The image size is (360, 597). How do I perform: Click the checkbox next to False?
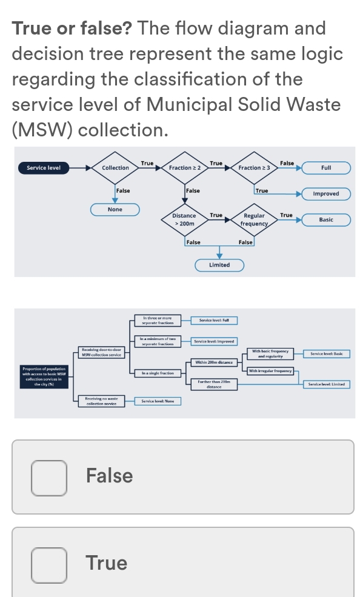(x=49, y=476)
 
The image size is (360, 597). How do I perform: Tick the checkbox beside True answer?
(x=49, y=564)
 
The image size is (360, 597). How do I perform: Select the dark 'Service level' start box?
(x=44, y=167)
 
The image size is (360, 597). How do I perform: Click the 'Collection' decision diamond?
(x=115, y=168)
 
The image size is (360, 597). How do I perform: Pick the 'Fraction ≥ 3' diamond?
(x=254, y=168)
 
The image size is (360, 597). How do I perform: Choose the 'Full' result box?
(x=326, y=167)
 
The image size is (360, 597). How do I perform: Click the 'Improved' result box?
(x=326, y=194)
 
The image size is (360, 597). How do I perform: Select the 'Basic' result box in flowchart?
(x=326, y=219)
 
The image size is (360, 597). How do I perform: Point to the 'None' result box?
(x=115, y=210)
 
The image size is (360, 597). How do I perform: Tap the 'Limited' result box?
(x=219, y=265)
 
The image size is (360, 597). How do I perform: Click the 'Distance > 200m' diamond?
(x=184, y=219)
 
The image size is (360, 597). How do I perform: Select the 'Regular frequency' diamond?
(x=254, y=219)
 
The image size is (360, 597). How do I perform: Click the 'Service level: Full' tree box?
(x=213, y=320)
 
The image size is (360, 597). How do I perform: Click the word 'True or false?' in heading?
(x=73, y=28)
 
